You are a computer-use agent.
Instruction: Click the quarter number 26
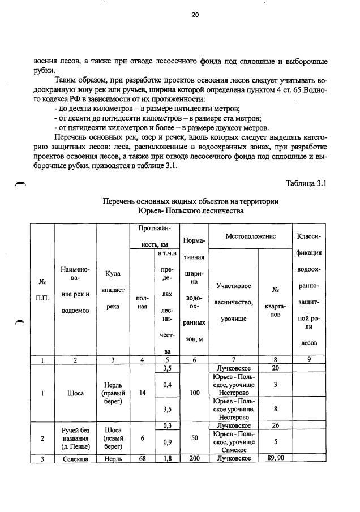275,425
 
